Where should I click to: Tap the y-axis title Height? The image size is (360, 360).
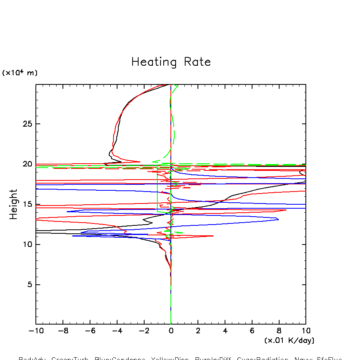[14, 204]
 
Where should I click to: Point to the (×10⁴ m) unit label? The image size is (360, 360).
[20, 73]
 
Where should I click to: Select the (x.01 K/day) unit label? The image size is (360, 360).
[290, 340]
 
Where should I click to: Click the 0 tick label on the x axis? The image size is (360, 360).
[171, 331]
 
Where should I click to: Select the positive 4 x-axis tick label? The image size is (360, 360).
[225, 331]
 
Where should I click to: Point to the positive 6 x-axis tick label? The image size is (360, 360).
[252, 331]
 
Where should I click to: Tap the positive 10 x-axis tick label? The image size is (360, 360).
[306, 331]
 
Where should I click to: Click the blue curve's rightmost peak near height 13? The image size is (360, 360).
[278, 219]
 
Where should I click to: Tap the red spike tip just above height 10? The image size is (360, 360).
[213, 236]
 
